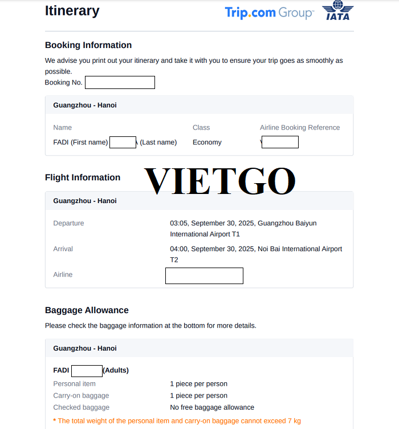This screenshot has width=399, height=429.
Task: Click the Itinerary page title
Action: click(x=72, y=11)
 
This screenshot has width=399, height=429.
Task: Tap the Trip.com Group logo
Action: click(x=269, y=13)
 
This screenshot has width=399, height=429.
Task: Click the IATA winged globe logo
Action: click(x=337, y=11)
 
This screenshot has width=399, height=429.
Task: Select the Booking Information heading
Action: click(x=88, y=45)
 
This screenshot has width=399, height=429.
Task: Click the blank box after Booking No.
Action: click(x=120, y=83)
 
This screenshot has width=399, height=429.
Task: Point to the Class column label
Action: click(x=201, y=128)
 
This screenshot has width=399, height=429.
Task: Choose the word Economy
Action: click(x=207, y=143)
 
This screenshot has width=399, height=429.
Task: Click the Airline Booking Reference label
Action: click(x=300, y=128)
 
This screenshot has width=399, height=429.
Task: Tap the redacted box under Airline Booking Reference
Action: click(x=280, y=143)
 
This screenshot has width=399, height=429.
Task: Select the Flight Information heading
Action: click(x=83, y=177)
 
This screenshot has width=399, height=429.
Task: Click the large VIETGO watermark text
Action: click(x=220, y=181)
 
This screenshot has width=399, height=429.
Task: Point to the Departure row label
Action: click(x=68, y=223)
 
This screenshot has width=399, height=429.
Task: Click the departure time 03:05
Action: click(x=179, y=223)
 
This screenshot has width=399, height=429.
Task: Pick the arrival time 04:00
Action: click(x=179, y=249)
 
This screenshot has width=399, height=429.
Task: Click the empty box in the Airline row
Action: click(x=204, y=276)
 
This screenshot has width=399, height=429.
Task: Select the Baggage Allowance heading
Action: click(x=87, y=310)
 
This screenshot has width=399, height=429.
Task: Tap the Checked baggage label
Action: click(x=81, y=407)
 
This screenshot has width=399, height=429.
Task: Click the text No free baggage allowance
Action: click(x=212, y=407)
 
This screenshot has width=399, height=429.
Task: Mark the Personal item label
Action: click(x=75, y=384)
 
